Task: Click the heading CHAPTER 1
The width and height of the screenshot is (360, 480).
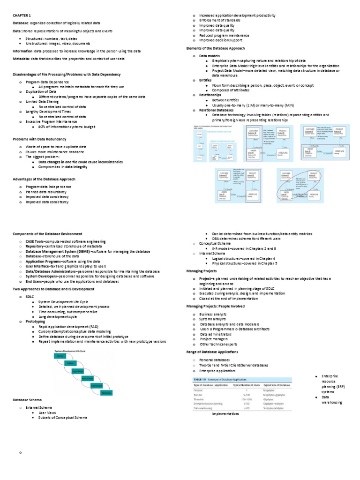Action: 21,15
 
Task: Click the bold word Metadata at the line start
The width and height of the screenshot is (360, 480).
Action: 22,59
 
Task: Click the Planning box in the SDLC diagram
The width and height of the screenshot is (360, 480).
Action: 60,356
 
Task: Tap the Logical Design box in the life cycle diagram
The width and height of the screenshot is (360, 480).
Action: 78,371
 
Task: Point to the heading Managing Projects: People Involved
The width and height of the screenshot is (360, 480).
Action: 215,306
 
